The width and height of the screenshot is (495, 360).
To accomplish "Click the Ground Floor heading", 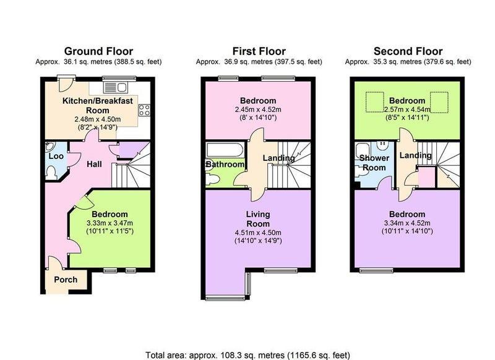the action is [98, 51].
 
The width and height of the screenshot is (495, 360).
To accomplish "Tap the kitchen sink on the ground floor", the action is [115, 87].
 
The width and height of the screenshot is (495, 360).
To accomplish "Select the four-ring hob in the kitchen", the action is [144, 110].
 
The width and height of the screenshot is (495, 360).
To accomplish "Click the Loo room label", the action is [56, 156].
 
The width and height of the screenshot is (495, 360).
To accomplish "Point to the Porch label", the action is [66, 280].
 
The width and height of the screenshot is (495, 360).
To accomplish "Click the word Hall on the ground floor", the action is [95, 164].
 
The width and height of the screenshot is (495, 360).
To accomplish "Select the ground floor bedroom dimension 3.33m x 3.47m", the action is [110, 223].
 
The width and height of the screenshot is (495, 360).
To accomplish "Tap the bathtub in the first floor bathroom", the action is [225, 150].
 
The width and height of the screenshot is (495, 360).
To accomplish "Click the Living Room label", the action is [258, 219].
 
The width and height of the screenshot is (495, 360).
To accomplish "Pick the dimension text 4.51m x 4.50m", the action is [258, 233].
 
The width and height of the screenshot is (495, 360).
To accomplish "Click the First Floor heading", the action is [259, 51].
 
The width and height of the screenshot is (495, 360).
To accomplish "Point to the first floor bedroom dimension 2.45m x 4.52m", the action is [258, 110].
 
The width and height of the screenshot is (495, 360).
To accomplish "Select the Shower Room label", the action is [374, 163].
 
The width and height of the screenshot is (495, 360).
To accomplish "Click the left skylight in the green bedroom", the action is [375, 102].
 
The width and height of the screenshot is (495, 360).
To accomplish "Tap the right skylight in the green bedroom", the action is [439, 102].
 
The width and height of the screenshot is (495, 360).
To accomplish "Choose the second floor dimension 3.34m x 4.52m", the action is [407, 223].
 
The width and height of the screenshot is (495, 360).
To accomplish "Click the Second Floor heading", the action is [408, 51].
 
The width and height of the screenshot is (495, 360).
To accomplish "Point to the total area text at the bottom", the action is [247, 355].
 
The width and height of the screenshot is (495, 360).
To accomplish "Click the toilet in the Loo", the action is [51, 173].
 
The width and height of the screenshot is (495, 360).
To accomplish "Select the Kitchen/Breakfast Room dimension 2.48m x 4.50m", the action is [98, 119].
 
